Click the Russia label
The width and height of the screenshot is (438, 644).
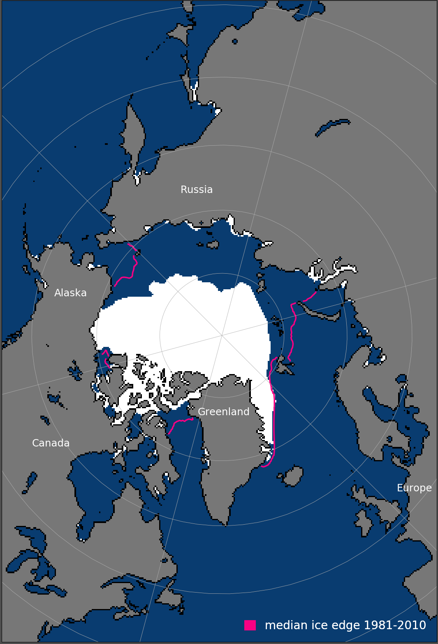click(197, 189)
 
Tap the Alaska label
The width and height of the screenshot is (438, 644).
click(70, 293)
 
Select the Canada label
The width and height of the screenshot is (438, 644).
click(51, 443)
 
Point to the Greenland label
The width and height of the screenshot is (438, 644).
click(223, 412)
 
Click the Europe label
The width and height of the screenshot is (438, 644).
click(414, 488)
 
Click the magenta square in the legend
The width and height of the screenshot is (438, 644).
click(250, 625)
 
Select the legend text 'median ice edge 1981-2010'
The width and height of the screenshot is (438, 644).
click(345, 625)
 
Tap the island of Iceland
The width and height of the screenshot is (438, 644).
click(293, 476)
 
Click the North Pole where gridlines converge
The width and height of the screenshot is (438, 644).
click(222, 335)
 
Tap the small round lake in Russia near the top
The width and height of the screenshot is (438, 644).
click(235, 42)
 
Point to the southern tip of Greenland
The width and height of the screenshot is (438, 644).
click(226, 523)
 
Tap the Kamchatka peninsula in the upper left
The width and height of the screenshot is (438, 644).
click(134, 136)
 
